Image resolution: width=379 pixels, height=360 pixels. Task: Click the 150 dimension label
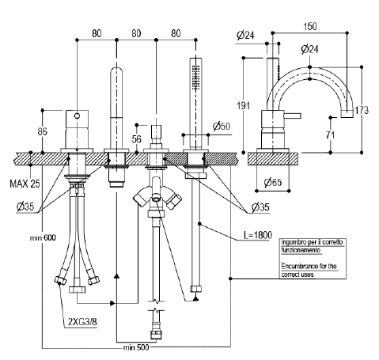[x=310, y=26]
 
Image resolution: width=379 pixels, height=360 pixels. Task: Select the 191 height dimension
[x=243, y=105]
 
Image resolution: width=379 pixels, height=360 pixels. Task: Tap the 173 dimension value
[x=362, y=110]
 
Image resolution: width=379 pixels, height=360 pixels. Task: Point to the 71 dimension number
[x=330, y=135]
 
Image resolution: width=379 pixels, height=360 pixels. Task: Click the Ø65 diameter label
[x=273, y=182]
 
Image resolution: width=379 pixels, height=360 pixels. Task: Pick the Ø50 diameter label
[x=222, y=126]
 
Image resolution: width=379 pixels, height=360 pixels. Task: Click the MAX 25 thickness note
[x=25, y=184]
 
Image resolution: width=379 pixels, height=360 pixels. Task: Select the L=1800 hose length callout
[x=258, y=235]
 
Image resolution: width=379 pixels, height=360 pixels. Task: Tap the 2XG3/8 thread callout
[x=82, y=322]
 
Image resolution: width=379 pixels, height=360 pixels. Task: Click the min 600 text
[x=43, y=237]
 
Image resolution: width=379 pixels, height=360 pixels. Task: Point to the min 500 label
[x=136, y=347]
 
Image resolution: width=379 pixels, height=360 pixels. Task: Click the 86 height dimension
[x=42, y=131]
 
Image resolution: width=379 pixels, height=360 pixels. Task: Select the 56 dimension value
[x=136, y=139]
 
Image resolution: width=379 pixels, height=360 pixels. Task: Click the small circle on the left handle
[x=77, y=116]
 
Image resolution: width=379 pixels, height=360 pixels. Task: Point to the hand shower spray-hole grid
[x=195, y=78]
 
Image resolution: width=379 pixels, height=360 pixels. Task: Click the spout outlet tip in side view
[x=347, y=114]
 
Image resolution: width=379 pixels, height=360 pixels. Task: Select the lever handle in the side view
[x=292, y=116]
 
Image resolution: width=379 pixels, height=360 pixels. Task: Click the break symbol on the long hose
[x=156, y=305]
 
